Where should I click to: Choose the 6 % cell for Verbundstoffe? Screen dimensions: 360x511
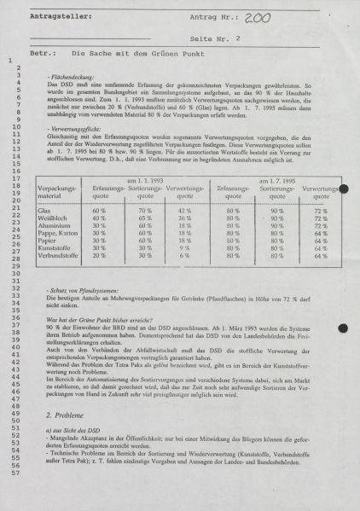(x=182, y=256)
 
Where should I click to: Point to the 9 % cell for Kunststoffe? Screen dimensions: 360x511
(x=182, y=248)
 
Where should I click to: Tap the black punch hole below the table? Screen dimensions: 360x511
(x=343, y=328)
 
